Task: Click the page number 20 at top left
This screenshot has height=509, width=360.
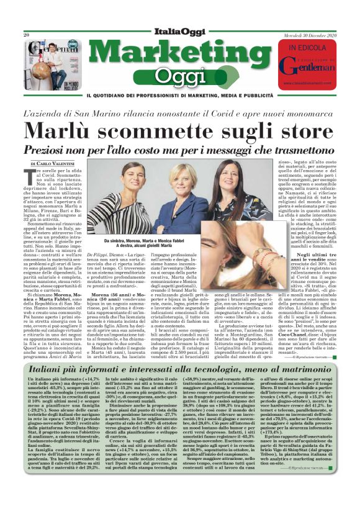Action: tap(26, 35)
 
